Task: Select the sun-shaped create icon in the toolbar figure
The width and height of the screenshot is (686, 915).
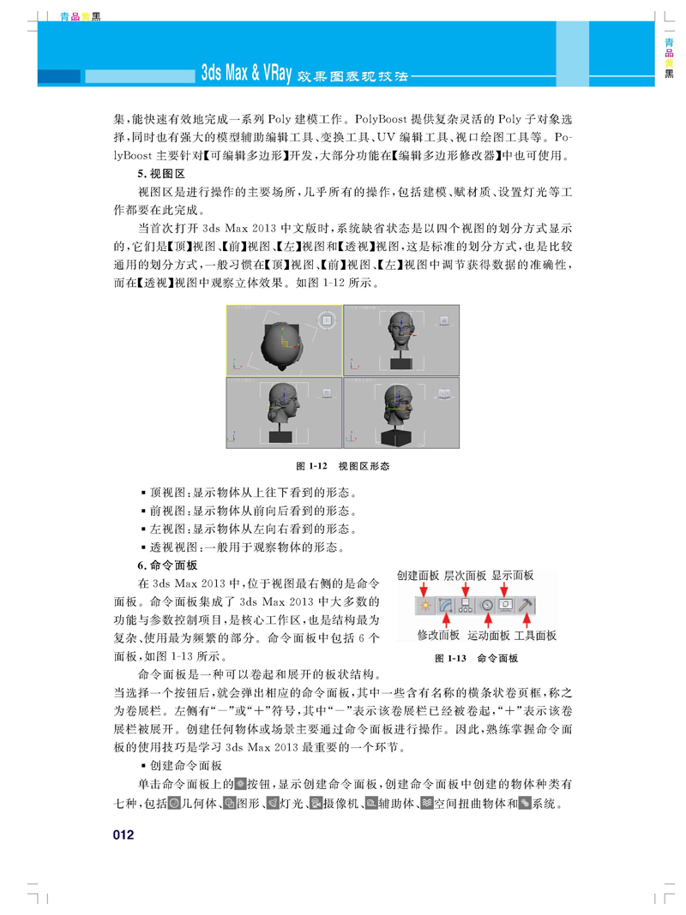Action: pyautogui.click(x=424, y=606)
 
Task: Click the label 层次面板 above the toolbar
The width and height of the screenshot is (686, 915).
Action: pyautogui.click(x=465, y=576)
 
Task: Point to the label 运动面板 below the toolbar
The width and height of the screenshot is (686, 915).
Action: pyautogui.click(x=489, y=636)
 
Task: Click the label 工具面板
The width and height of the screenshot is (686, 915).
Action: pyautogui.click(x=535, y=636)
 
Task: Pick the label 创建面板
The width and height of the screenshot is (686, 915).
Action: pyautogui.click(x=418, y=576)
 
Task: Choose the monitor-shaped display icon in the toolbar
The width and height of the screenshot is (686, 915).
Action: pyautogui.click(x=507, y=606)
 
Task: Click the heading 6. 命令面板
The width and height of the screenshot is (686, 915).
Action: pyautogui.click(x=167, y=565)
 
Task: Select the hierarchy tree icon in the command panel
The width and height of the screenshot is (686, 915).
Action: pyautogui.click(x=466, y=606)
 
